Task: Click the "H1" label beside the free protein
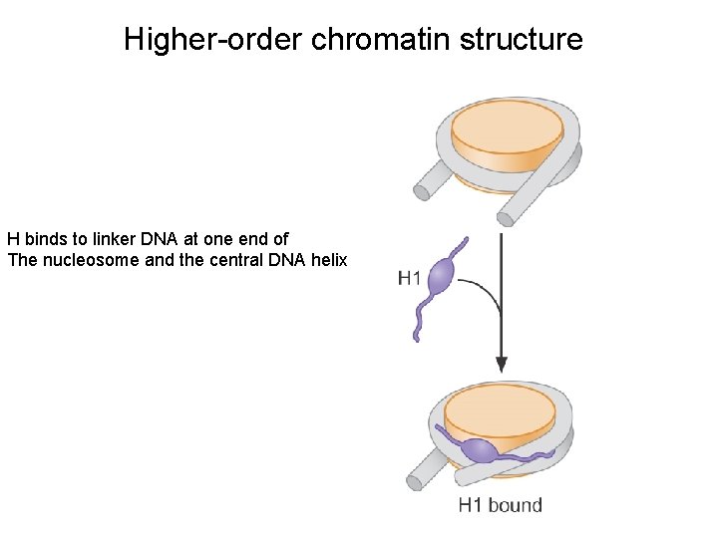click(x=409, y=278)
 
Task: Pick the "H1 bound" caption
click(x=500, y=505)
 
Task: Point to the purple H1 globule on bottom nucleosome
click(x=482, y=450)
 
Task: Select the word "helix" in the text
click(x=327, y=260)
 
